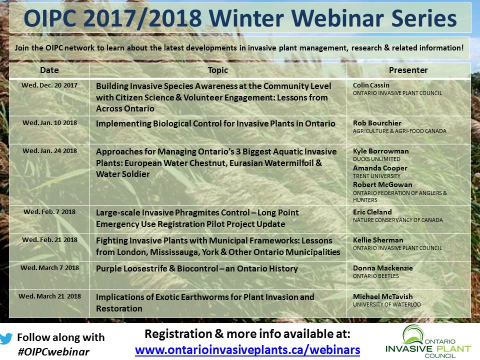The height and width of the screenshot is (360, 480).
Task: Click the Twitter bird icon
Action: pos(6,338)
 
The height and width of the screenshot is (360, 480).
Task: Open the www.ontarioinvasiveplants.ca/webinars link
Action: pos(247,349)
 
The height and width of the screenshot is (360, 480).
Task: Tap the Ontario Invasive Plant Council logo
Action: pos(428,341)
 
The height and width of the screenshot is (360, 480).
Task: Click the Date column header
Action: pos(49,70)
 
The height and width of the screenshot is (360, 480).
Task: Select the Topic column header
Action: pos(218,70)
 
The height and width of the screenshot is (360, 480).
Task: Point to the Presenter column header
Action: pos(408,70)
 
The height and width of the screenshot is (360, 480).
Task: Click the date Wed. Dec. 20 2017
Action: pos(49,85)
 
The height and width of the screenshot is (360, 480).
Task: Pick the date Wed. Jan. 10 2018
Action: pos(49,123)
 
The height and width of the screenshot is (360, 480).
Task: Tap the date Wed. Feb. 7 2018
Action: pos(49,212)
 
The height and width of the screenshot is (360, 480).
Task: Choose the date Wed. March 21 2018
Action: pos(49,296)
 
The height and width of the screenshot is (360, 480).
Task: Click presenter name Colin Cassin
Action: pos(371,85)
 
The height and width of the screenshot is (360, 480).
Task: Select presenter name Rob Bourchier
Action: pos(377,123)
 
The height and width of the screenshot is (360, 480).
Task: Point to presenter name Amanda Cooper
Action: pos(380,168)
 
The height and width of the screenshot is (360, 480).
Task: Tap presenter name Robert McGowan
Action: pos(382,184)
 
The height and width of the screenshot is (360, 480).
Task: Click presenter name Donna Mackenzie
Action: pos(382,268)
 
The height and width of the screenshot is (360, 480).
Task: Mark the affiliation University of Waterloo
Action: pos(386,304)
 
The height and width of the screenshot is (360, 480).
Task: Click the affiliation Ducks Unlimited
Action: pos(376,159)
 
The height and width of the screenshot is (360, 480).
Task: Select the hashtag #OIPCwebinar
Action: pos(53,352)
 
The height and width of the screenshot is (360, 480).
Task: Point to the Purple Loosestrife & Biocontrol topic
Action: pos(197,269)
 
